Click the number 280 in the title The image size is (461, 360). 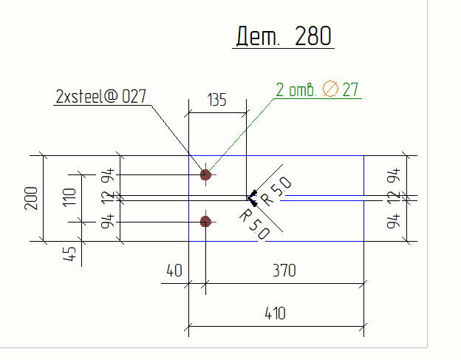click(x=313, y=36)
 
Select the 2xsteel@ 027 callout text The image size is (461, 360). click(x=100, y=96)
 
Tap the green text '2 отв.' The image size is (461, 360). click(x=296, y=90)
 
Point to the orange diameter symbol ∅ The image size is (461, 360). click(x=331, y=90)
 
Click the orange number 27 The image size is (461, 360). click(x=350, y=90)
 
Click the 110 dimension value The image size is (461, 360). click(x=70, y=198)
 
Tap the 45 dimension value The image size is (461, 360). click(x=70, y=254)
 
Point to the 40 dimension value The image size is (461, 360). click(x=174, y=271)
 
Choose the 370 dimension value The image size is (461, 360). click(x=284, y=271)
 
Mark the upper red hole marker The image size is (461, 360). click(x=205, y=174)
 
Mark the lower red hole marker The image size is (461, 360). click(x=205, y=221)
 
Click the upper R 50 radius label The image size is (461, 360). click(x=276, y=191)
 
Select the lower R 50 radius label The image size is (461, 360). click(x=255, y=220)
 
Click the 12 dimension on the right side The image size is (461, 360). click(x=401, y=197)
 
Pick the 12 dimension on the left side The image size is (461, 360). click(x=108, y=197)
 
